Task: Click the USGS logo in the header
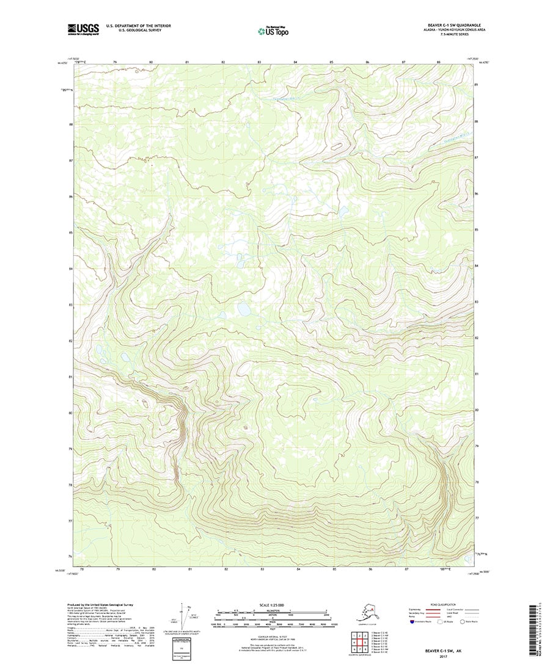coord(83,28)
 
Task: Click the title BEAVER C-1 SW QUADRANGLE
coord(447,26)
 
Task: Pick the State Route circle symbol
coord(463,622)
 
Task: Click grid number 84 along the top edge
coord(296,62)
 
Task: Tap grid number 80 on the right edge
coord(477,410)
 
